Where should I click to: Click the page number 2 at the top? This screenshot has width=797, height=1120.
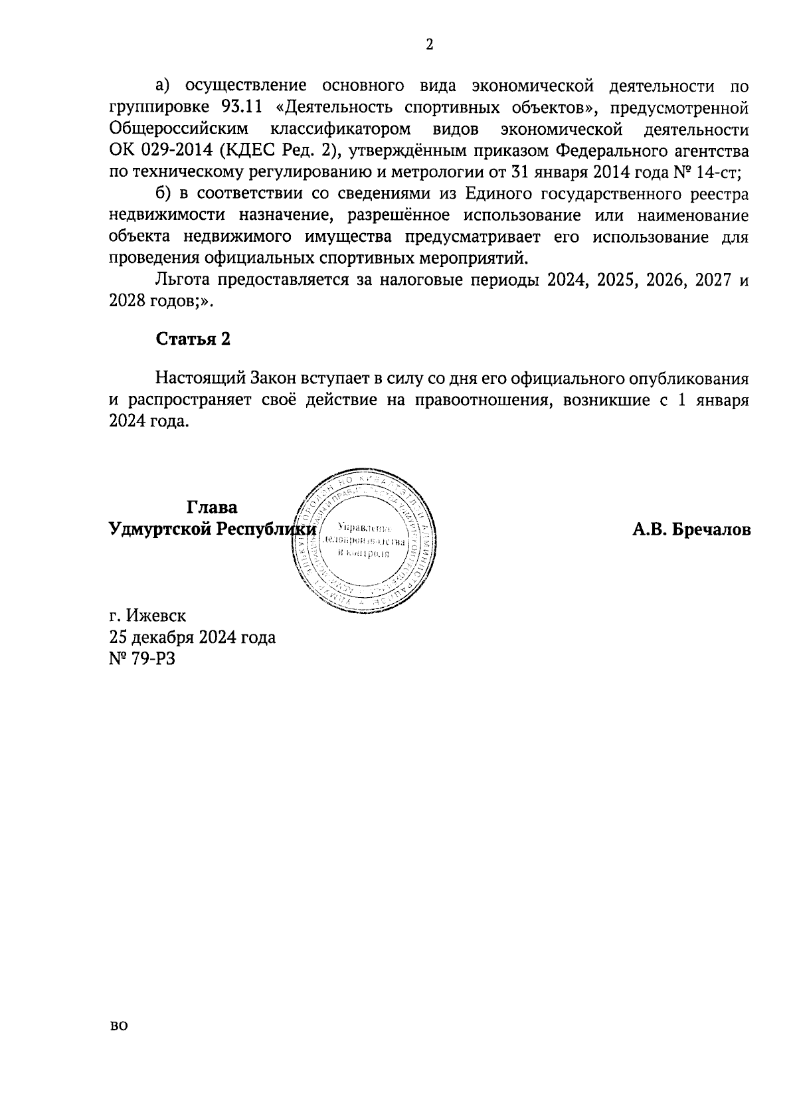pos(428,45)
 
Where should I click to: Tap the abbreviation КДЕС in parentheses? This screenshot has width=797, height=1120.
pos(253,150)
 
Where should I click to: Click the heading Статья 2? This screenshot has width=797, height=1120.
pos(193,339)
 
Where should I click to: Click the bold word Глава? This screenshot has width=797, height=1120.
pos(212,508)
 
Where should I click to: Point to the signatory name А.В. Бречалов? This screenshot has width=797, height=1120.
pos(691,529)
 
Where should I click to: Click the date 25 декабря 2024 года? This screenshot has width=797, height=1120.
pos(192,638)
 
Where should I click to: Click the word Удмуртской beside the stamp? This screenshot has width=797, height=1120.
pos(159,529)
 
